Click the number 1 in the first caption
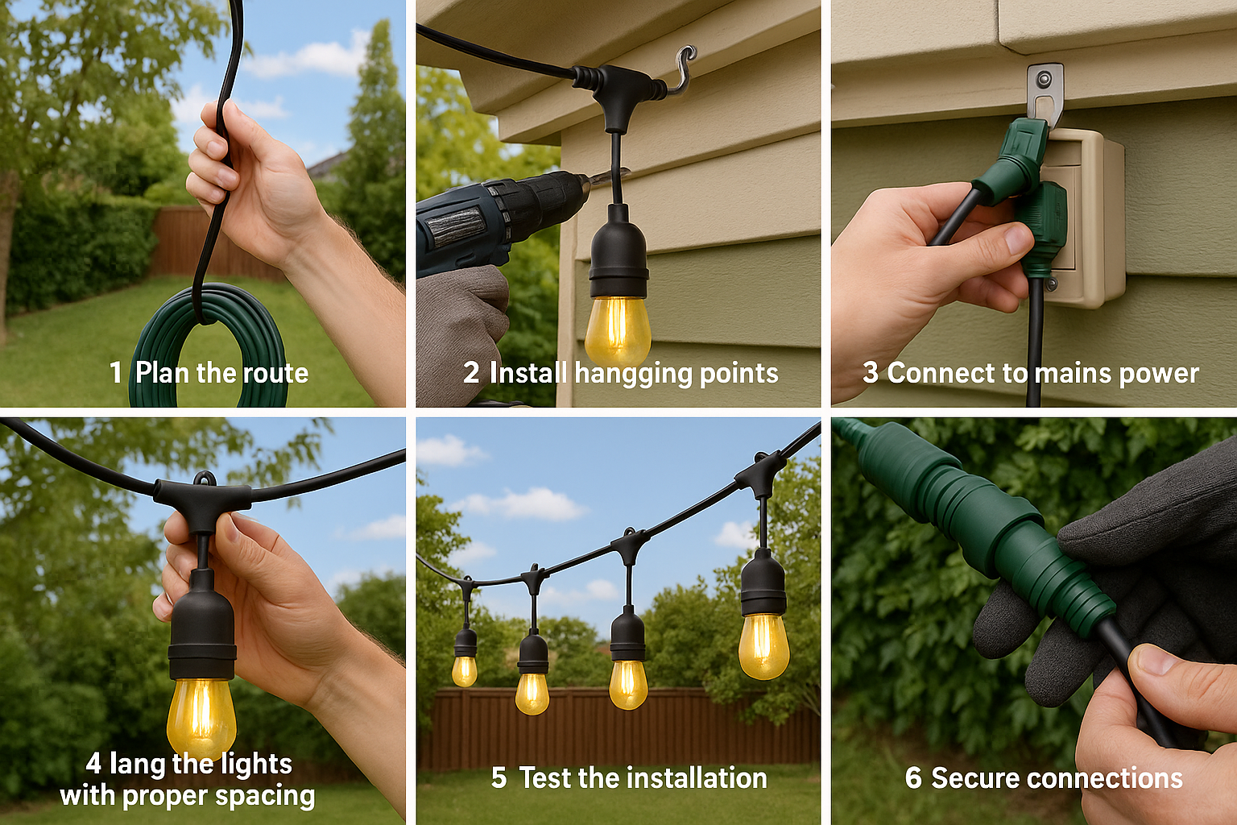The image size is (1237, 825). (x=116, y=373)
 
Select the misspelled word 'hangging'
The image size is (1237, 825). (x=633, y=374)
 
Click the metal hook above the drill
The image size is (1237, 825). (x=682, y=68)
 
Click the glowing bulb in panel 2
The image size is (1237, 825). (x=617, y=330)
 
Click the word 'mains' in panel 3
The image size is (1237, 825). (x=1067, y=373)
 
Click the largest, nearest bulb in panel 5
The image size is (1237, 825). (x=763, y=645)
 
